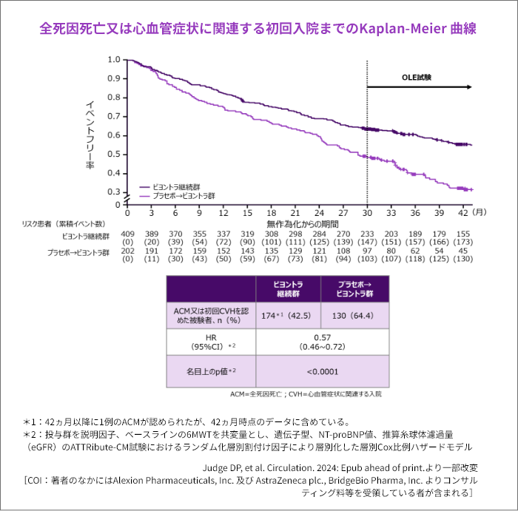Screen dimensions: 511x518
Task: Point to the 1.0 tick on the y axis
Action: pos(113,59)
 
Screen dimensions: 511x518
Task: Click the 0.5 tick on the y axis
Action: pos(113,154)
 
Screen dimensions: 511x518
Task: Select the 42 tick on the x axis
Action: pos(462,212)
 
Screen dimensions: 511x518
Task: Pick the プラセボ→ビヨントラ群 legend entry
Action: pos(184,197)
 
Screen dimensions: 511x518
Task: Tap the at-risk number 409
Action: pos(127,234)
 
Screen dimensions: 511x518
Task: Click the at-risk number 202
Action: pos(127,251)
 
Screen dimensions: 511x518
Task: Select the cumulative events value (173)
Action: pos(462,242)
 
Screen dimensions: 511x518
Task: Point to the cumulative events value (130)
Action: pos(462,260)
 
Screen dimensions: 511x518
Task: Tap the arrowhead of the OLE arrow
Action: pos(468,87)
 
